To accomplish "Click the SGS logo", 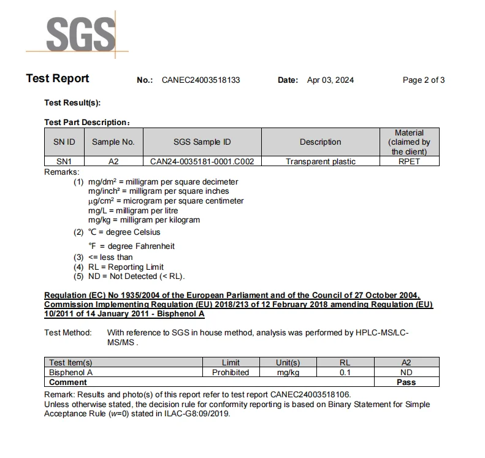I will pos(80,34).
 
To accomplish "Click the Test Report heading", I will pos(57,78).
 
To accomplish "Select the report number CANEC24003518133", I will pos(200,80).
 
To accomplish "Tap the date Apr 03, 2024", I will pos(330,80).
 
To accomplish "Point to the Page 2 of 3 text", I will pos(423,80).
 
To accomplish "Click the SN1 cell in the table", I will pos(64,161).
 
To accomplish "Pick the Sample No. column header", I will pos(113,142).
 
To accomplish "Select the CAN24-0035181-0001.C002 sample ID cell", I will pos(202,161).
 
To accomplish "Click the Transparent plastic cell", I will pos(320,161).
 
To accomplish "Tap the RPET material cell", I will pos(409,161).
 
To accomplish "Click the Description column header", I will pos(320,142).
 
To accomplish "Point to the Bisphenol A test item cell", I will pos(71,372).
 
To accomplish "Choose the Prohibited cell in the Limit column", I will pos(231,372).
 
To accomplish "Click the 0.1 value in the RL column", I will pos(345,372).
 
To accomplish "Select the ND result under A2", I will pos(406,372).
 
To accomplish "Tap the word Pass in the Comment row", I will pos(406,382).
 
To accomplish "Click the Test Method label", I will pos(67,333).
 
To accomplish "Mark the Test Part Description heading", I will pos(86,123).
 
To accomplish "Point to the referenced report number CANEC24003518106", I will pos(310,395).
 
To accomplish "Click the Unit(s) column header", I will pos(288,362).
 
